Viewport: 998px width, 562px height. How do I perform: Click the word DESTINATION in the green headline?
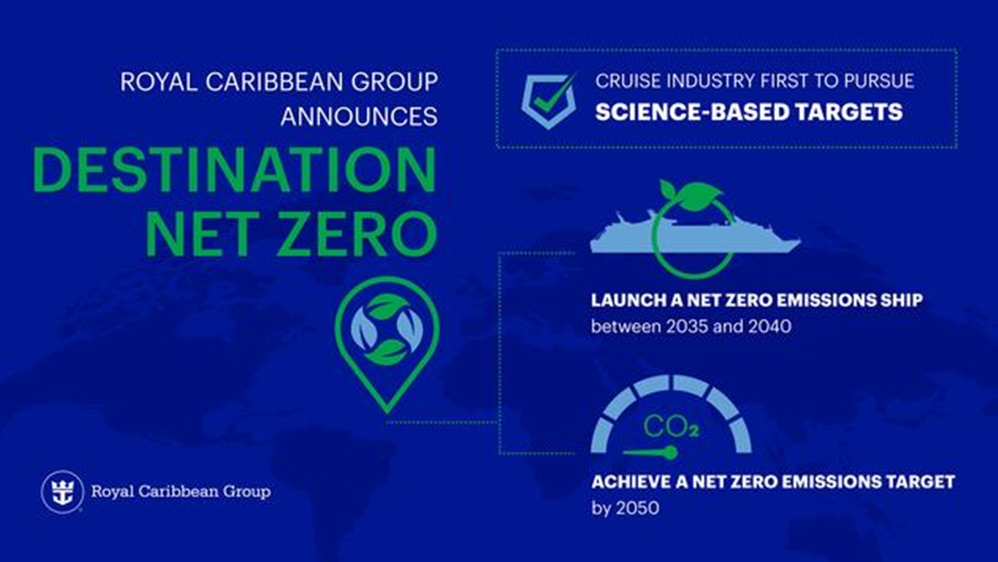tap(234, 170)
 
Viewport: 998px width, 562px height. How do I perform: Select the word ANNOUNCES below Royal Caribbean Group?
tap(359, 116)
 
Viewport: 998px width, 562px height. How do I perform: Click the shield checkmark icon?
tap(548, 100)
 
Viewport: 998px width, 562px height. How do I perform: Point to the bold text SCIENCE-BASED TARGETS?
tap(748, 112)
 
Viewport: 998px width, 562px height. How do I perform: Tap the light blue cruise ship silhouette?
tap(694, 232)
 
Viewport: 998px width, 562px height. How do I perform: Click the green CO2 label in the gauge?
tap(670, 427)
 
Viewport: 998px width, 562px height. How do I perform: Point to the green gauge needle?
tap(650, 452)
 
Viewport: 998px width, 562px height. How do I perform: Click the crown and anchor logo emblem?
tap(63, 491)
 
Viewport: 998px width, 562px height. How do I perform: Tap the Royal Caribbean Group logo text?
tap(181, 491)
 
